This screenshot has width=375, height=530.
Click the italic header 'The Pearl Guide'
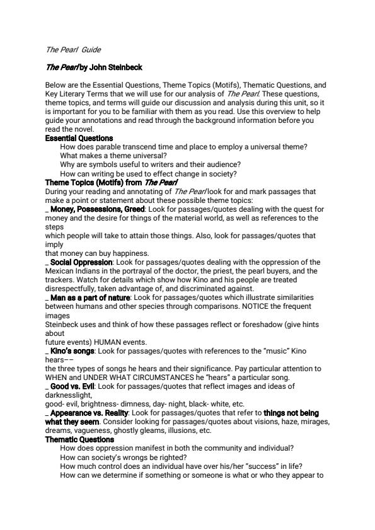(x=73, y=50)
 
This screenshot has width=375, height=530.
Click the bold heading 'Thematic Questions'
(x=80, y=439)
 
